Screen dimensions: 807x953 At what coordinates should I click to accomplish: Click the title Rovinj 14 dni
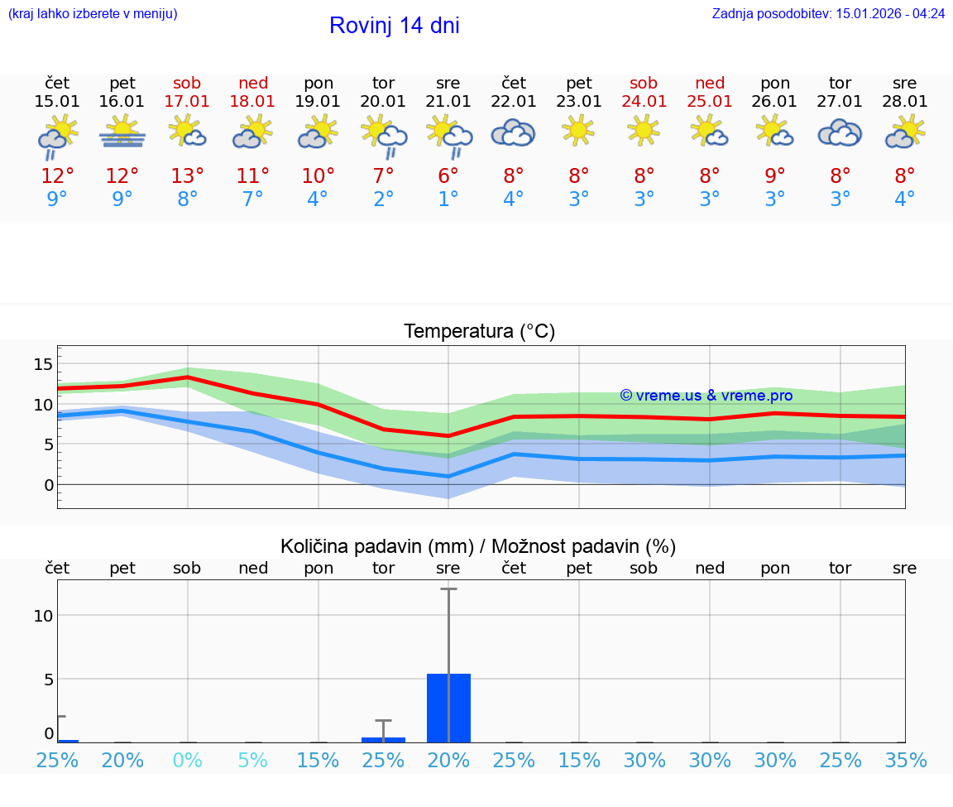[394, 26]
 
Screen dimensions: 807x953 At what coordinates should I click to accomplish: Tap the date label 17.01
[188, 101]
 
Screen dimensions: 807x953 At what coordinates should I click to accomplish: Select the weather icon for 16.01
[122, 132]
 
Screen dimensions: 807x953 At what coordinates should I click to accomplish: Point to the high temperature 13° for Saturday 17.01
[188, 175]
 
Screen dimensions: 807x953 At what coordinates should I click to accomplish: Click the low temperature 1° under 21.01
[448, 199]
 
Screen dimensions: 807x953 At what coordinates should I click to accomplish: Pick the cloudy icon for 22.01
[514, 132]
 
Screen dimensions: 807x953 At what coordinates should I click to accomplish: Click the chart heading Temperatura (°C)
[479, 332]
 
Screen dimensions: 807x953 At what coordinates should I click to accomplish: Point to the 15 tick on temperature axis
[43, 364]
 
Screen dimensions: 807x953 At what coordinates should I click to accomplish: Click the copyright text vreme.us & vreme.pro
[706, 396]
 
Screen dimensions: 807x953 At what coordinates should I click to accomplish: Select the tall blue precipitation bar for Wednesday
[448, 708]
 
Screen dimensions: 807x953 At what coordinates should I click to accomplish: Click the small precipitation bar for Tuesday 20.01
[383, 739]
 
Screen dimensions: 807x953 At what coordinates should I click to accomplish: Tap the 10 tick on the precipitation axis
[43, 615]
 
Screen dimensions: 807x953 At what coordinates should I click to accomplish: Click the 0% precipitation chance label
[188, 760]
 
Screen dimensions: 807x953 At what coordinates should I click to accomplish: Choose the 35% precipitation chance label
[905, 760]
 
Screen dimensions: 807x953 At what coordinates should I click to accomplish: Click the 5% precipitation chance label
[253, 760]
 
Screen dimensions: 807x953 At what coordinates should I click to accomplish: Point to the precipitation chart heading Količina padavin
[478, 546]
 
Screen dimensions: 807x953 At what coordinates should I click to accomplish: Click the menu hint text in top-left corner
[93, 14]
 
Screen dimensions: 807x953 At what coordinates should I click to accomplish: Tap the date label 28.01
[905, 101]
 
